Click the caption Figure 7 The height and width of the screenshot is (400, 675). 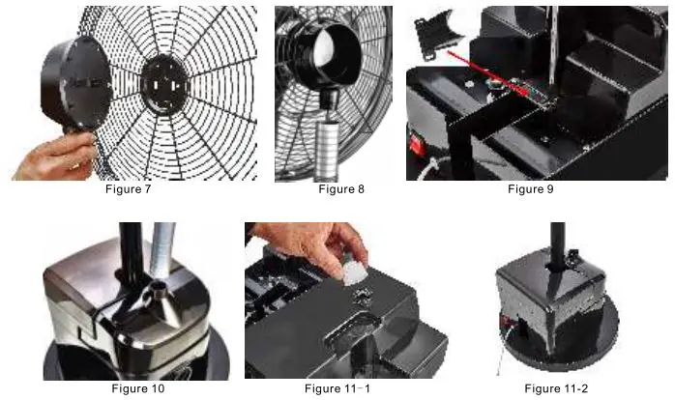129,189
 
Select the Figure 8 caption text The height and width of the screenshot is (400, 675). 341,189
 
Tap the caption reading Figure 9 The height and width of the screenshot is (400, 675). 531,189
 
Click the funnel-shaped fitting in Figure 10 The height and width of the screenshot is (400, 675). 152,295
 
